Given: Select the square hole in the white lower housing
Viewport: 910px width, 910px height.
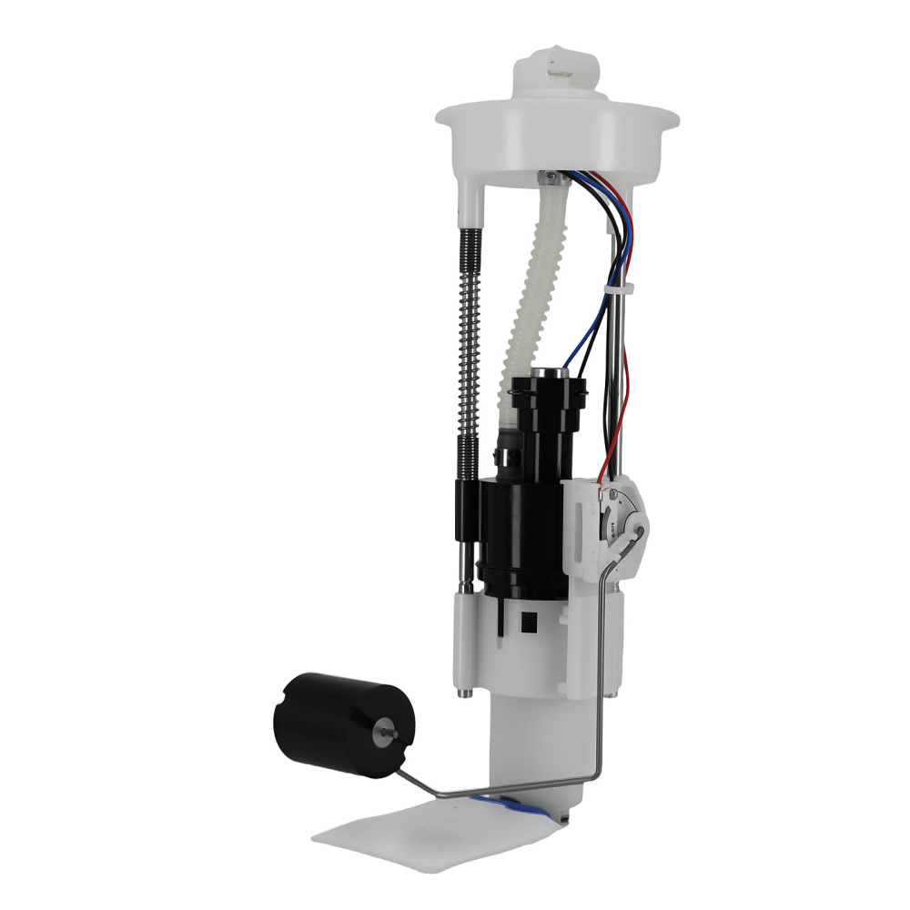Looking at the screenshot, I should click(526, 622).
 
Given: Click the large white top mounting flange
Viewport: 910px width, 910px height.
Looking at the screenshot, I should click(557, 132).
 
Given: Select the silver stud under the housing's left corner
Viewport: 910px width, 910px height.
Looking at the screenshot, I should click(464, 693).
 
